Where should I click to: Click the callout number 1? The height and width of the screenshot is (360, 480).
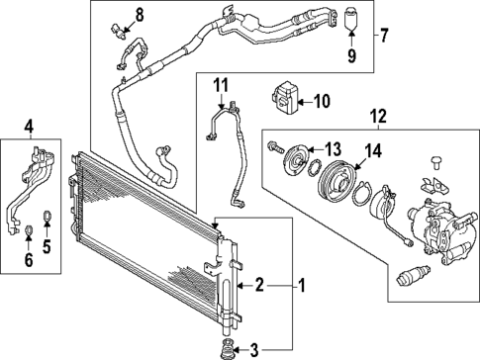pyautogui.click(x=304, y=286)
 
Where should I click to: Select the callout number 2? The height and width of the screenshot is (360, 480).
pyautogui.click(x=259, y=286)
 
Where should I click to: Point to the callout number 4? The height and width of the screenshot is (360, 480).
pyautogui.click(x=29, y=126)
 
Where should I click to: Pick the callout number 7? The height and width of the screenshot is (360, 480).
pyautogui.click(x=384, y=37)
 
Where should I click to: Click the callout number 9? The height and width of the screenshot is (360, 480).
pyautogui.click(x=350, y=54)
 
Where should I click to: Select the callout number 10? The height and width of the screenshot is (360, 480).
pyautogui.click(x=322, y=100)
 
